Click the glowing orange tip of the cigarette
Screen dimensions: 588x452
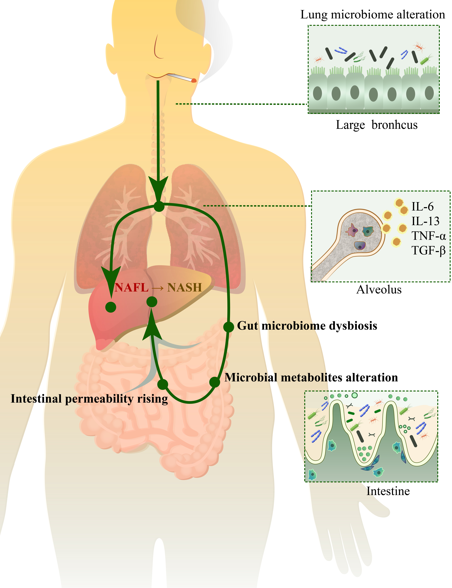[194, 80]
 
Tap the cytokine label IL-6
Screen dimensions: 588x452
[422, 206]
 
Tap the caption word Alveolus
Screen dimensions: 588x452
[379, 290]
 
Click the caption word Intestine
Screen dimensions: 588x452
[388, 491]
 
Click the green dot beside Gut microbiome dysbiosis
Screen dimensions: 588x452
[228, 327]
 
